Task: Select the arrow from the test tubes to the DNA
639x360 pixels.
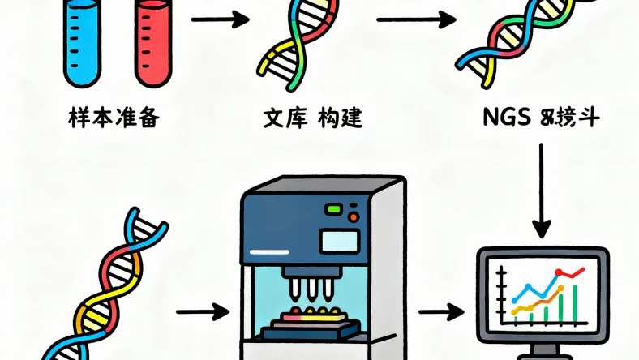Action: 219,19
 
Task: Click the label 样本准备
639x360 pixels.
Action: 114,120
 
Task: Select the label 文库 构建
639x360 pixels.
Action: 311,120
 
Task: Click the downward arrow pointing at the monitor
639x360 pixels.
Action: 542,186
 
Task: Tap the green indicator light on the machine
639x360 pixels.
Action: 333,210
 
